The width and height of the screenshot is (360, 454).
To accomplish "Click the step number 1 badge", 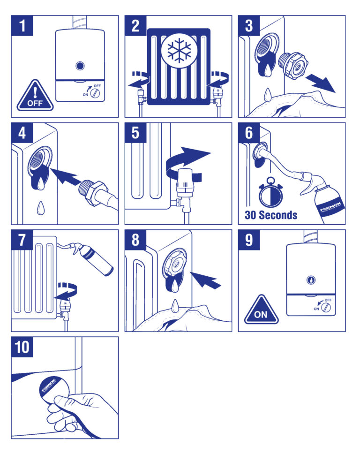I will pyautogui.click(x=22, y=26).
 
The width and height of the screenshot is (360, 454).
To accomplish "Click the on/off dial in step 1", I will pyautogui.click(x=95, y=93).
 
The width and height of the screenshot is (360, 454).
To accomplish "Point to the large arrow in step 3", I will pyautogui.click(x=321, y=83).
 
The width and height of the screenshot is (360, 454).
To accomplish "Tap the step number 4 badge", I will pyautogui.click(x=22, y=133).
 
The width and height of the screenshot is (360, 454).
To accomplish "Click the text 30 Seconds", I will pyautogui.click(x=270, y=215).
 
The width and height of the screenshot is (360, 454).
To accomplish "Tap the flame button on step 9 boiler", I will pyautogui.click(x=310, y=278).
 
